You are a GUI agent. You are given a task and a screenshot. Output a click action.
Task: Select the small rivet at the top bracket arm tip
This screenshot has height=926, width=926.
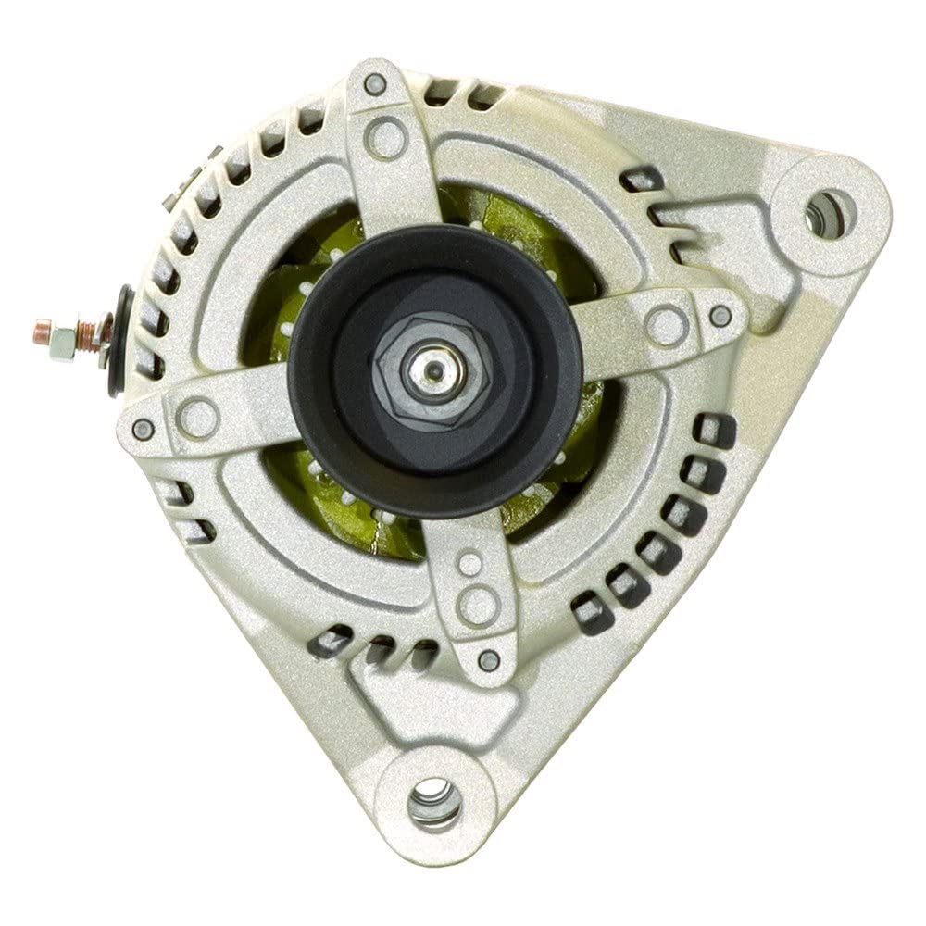pos(376,84)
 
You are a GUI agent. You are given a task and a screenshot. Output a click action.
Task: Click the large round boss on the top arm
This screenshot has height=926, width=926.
pos(385,138)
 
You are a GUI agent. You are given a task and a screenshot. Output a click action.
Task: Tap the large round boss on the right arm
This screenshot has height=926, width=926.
pos(666,324)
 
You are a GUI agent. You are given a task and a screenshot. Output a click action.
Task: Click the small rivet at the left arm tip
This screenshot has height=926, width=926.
pos(143,430)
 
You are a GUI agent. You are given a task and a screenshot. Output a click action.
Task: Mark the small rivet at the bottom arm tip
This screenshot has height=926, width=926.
pos(488,659)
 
